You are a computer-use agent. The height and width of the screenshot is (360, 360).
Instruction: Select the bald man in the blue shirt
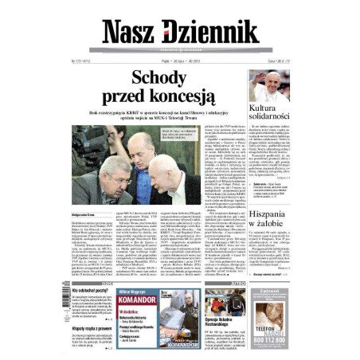(144, 159)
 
